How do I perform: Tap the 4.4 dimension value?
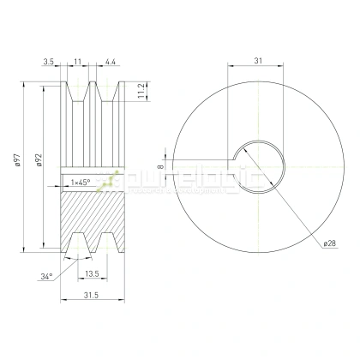click(x=111, y=62)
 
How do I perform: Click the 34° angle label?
click(x=46, y=277)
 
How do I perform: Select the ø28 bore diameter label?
click(x=329, y=243)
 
